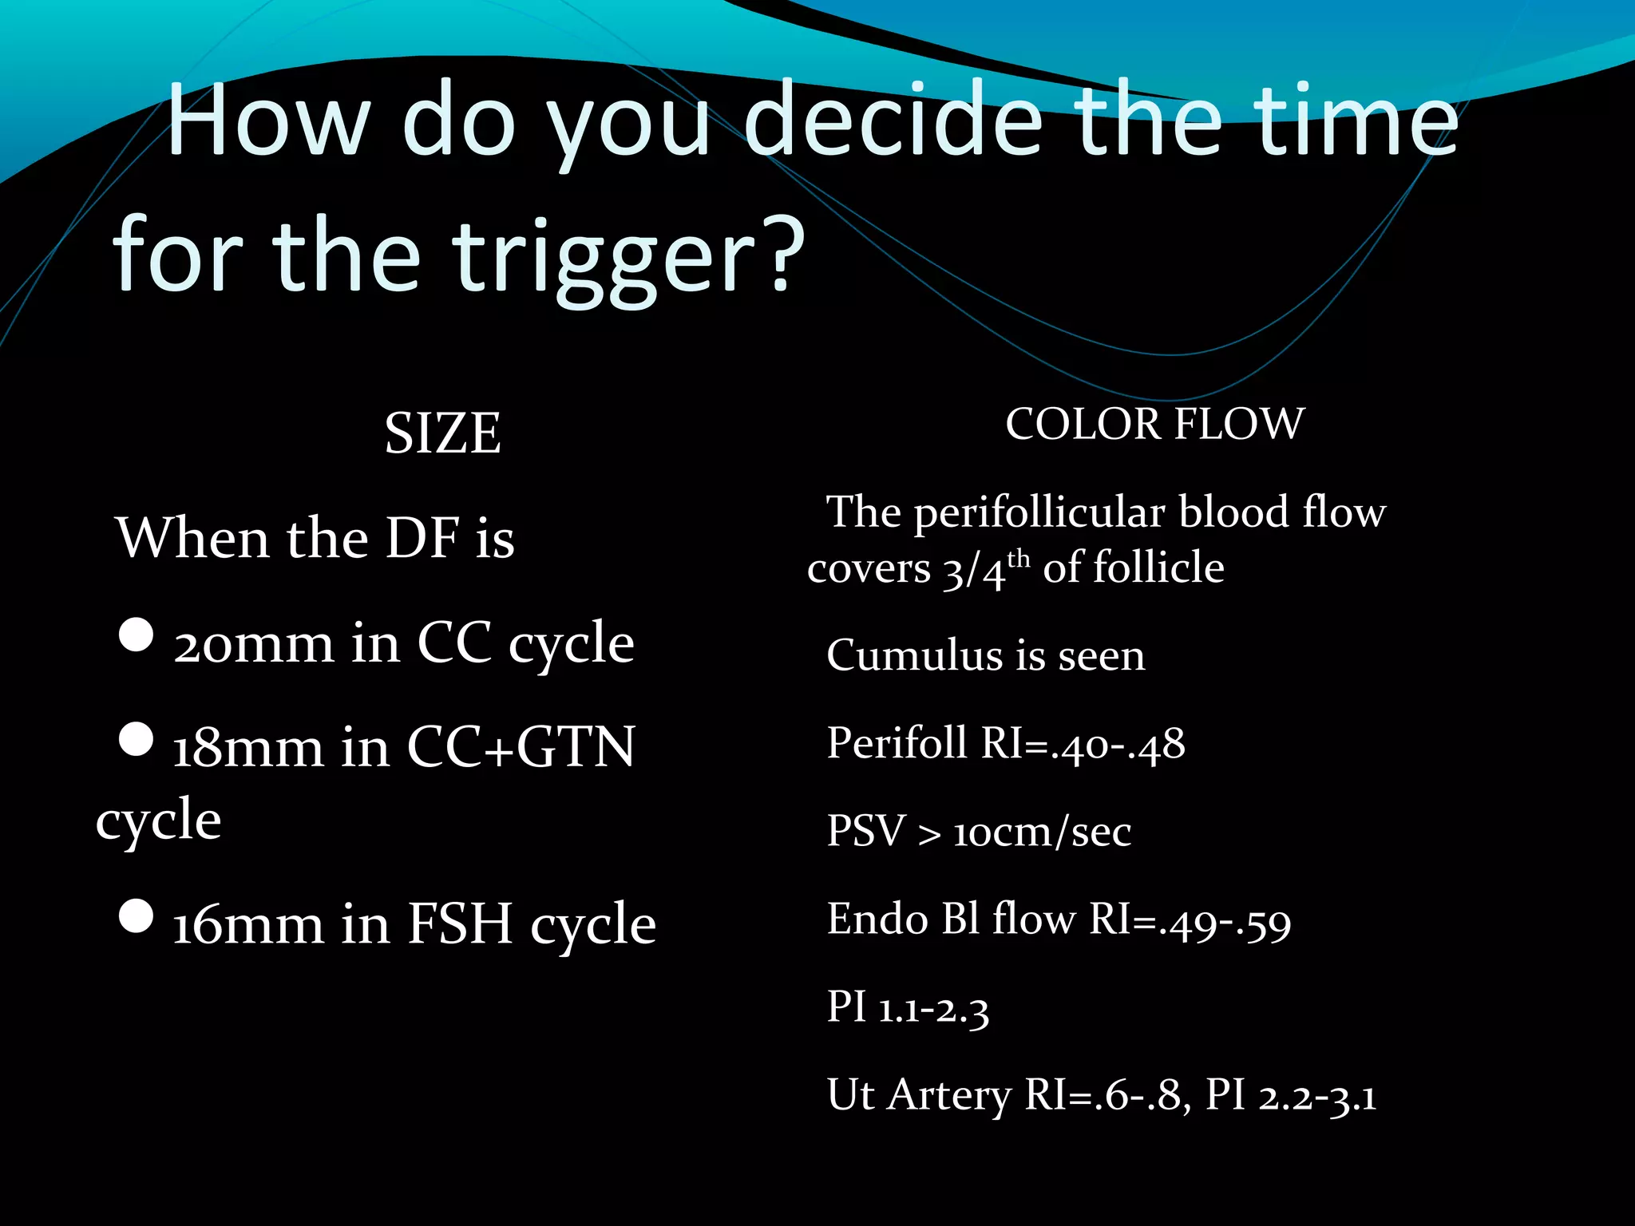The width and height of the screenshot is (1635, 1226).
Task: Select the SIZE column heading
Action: [x=443, y=433]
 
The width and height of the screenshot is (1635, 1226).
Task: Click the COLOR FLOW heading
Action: [x=1154, y=424]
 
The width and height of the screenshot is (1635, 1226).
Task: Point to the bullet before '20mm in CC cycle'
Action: [x=136, y=635]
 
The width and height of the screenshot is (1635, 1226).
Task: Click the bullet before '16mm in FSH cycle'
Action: [x=136, y=916]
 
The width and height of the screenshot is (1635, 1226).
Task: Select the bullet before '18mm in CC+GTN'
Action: [x=136, y=739]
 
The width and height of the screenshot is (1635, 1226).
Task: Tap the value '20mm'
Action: [x=253, y=644]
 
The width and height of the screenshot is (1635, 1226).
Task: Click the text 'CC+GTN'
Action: [x=521, y=748]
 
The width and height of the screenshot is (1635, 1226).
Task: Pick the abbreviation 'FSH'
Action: [x=460, y=924]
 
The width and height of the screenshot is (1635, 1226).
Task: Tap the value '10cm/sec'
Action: [x=1043, y=832]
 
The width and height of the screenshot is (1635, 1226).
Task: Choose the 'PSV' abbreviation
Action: [x=866, y=832]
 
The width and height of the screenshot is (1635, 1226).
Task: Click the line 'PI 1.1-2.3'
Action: [x=908, y=1007]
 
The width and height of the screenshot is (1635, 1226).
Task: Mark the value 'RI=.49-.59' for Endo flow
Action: [x=1190, y=920]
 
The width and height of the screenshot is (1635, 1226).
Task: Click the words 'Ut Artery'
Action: [x=919, y=1095]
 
